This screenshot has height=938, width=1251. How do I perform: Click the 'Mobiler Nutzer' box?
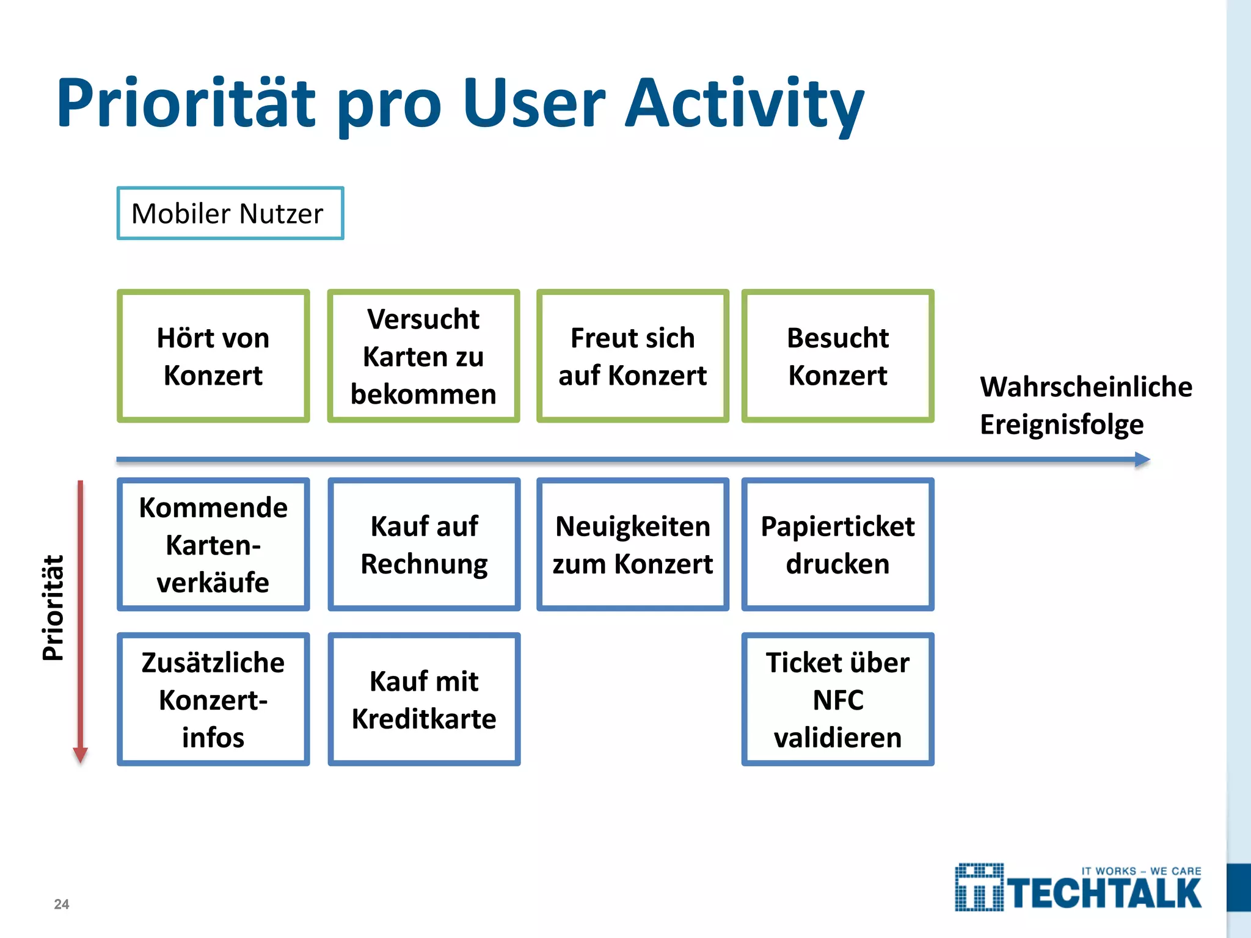click(x=230, y=213)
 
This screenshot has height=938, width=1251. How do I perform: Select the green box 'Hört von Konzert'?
click(x=213, y=356)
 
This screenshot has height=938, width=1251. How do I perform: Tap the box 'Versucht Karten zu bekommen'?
click(x=423, y=356)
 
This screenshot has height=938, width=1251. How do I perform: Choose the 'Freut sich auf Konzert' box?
click(x=633, y=356)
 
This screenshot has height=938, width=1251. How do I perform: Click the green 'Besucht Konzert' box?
click(x=837, y=356)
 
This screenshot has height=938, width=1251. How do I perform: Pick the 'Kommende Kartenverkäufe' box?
click(x=213, y=544)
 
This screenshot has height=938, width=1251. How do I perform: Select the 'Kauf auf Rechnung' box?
click(x=424, y=544)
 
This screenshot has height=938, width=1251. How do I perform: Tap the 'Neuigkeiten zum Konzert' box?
click(x=633, y=544)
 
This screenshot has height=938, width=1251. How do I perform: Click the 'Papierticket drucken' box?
click(x=837, y=544)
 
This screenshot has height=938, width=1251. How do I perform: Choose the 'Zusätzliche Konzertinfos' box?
click(x=213, y=699)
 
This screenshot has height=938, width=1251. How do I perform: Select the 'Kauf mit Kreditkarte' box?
click(x=424, y=699)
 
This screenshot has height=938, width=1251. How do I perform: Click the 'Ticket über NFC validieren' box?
click(x=837, y=699)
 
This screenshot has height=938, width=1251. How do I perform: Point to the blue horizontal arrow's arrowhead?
click(x=1142, y=460)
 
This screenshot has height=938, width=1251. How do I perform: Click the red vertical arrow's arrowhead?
click(x=80, y=755)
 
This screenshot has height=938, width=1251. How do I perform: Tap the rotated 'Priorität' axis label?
click(x=53, y=608)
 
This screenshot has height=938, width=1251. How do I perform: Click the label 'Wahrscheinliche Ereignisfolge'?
click(x=1085, y=405)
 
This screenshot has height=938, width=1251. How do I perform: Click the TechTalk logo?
click(x=1078, y=888)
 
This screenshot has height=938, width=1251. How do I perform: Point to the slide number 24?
click(x=62, y=904)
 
